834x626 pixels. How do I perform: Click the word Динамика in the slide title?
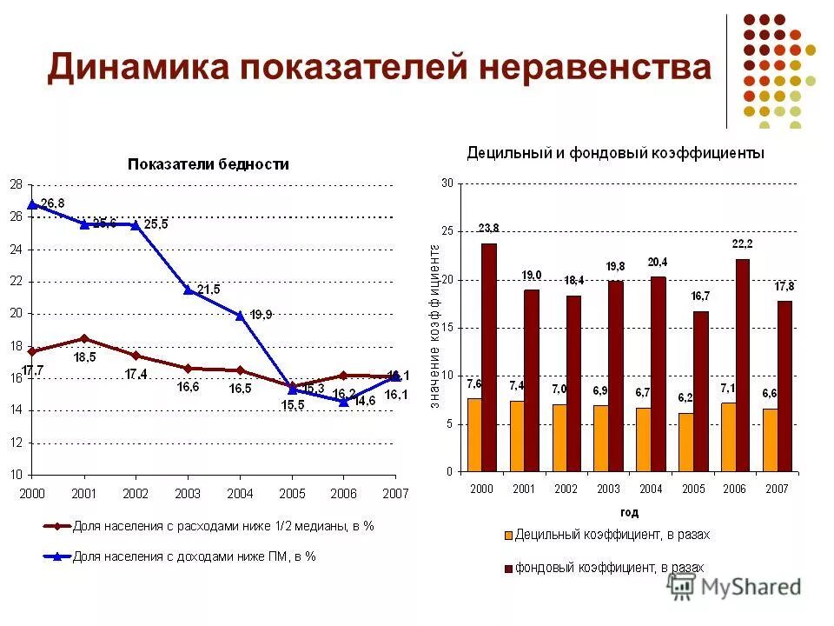[x=138, y=67]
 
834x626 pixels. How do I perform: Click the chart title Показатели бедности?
[x=208, y=163]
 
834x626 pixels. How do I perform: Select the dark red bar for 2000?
[x=488, y=357]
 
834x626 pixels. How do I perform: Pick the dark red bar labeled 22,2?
[x=742, y=365]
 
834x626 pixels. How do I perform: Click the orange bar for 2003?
[x=601, y=438]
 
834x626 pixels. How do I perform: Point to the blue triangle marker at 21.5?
[x=188, y=289]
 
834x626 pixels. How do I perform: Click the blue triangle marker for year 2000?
[x=32, y=204]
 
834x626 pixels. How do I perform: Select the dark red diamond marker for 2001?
[x=83, y=338]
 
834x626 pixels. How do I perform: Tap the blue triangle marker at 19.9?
[x=240, y=315]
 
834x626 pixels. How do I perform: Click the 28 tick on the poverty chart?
[x=16, y=184]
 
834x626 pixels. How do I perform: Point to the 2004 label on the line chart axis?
[x=240, y=493]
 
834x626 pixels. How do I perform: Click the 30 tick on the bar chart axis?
[x=447, y=183]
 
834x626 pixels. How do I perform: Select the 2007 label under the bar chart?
[x=777, y=489]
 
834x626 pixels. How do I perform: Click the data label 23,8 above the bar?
[x=488, y=228]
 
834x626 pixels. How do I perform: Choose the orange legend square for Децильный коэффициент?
[x=507, y=534]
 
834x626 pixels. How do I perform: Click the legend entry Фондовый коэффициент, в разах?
[x=609, y=567]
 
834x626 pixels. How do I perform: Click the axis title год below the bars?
[x=629, y=512]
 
